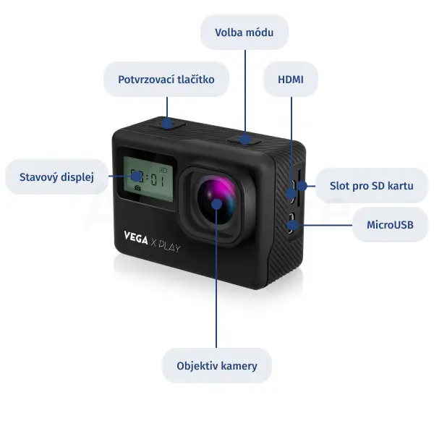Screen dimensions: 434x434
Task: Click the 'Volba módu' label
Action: click(x=244, y=33)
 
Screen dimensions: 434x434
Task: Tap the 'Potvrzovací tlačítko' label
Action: click(x=166, y=80)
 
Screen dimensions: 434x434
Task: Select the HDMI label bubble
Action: click(x=291, y=80)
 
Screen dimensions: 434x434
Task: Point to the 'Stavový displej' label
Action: click(x=56, y=177)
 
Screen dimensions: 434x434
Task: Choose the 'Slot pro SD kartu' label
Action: click(x=372, y=186)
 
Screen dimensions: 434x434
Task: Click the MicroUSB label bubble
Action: click(x=390, y=225)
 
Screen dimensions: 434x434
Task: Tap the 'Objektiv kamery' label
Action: click(x=217, y=366)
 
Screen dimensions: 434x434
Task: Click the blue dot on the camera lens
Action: click(x=216, y=204)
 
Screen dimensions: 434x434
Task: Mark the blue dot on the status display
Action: click(x=136, y=176)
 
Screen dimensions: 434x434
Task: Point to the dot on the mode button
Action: click(x=245, y=139)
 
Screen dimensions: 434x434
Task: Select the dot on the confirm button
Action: click(x=167, y=124)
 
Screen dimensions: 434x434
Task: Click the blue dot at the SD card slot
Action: click(x=302, y=186)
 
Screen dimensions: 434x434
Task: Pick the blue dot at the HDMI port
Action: click(x=292, y=193)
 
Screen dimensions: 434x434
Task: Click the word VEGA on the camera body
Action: click(x=136, y=238)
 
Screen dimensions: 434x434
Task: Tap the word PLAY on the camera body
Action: click(x=170, y=247)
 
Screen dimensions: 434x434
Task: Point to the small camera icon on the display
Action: click(x=137, y=188)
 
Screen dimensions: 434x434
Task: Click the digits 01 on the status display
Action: click(x=158, y=180)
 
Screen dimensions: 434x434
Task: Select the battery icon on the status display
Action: click(x=163, y=170)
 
